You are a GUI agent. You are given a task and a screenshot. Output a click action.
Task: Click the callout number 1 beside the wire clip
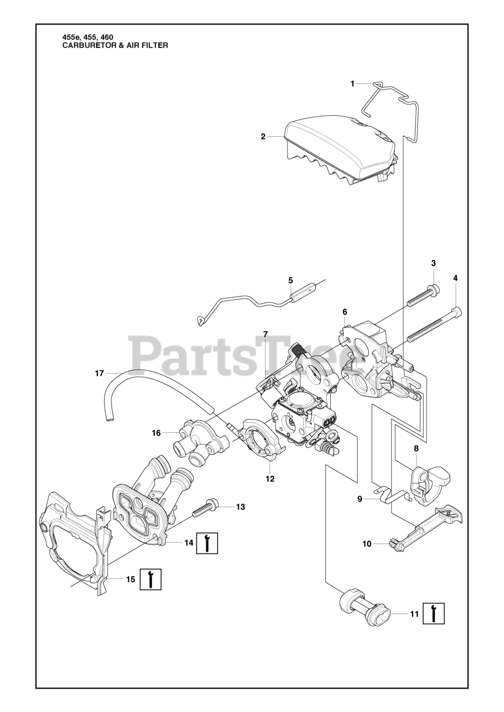pos(352,83)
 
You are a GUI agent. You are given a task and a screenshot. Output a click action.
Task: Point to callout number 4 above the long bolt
pos(455,278)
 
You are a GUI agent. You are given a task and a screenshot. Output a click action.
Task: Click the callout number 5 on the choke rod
pos(290,280)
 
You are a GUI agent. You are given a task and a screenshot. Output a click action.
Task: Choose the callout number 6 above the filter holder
pos(345,312)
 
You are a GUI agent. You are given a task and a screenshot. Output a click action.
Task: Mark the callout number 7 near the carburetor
pos(266,334)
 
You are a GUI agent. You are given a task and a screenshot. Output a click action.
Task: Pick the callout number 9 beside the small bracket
pos(360,499)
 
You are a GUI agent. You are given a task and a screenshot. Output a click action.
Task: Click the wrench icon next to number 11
pos(434,614)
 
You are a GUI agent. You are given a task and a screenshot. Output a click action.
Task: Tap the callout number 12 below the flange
pos(270,478)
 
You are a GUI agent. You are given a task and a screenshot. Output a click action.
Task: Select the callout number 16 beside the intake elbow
pos(156,432)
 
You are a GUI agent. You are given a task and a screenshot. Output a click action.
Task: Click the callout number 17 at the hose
pos(99,374)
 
